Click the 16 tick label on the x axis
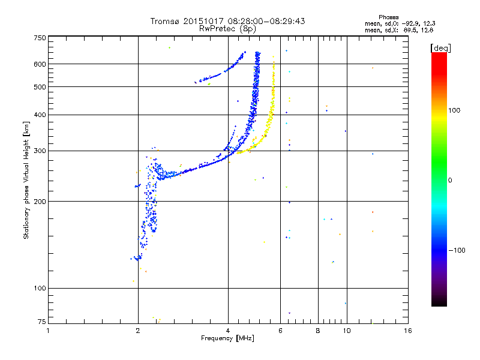[x=407, y=331]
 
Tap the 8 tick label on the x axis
[x=318, y=331]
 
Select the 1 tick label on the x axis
[x=48, y=331]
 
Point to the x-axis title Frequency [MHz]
[x=227, y=338]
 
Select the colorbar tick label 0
[x=450, y=180]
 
